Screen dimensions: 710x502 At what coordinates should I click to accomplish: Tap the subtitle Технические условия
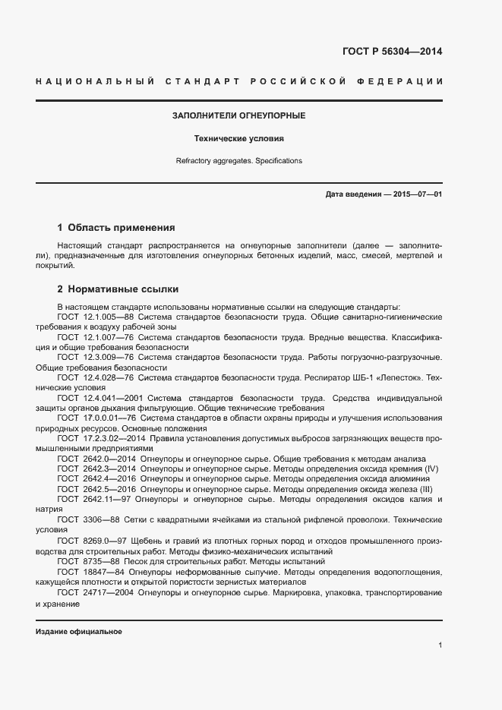pos(239,139)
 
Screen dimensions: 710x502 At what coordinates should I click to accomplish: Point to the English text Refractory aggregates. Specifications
pos(239,161)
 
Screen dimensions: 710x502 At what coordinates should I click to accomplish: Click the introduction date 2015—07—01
pos(418,195)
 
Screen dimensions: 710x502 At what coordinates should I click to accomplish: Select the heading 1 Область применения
pos(116,227)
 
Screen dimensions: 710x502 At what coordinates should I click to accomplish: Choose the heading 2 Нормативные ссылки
pos(118,289)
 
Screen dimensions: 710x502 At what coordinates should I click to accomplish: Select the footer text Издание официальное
pos(78,632)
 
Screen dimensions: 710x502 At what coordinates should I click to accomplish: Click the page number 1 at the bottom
pos(440,645)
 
